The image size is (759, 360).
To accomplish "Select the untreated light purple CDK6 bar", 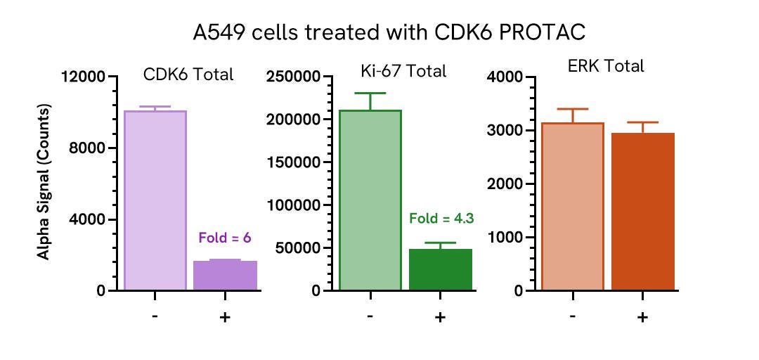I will [x=155, y=200].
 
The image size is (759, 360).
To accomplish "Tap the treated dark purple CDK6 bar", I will [x=225, y=275].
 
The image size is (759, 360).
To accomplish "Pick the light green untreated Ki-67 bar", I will [x=370, y=200].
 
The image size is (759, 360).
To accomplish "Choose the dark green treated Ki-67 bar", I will [x=440, y=269].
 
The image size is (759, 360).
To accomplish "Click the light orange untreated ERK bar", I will [x=573, y=207].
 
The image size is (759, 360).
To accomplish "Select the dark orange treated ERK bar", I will [x=642, y=211].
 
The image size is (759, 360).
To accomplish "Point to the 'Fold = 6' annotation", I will [x=225, y=238].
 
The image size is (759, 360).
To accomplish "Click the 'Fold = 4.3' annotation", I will [x=441, y=218].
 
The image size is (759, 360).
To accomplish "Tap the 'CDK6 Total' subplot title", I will [x=188, y=75].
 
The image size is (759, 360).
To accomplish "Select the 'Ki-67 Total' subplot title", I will [x=400, y=71].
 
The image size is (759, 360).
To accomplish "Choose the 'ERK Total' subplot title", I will [x=606, y=67].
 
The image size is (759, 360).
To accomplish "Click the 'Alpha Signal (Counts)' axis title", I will [x=44, y=182].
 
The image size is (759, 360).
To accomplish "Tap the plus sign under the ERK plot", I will [x=642, y=317].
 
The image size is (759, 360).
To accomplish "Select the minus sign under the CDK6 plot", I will [x=155, y=317].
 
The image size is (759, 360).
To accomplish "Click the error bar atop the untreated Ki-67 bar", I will [x=370, y=101].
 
